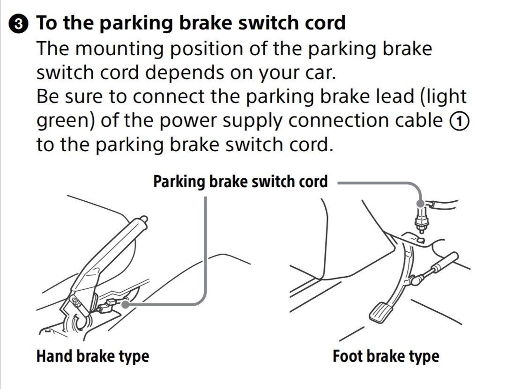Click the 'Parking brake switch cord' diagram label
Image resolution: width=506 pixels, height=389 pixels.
pos(240,181)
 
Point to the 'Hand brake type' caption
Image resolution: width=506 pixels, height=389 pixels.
pos(92,356)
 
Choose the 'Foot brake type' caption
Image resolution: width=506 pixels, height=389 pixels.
pos(386,356)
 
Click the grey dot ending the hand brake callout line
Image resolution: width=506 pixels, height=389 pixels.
pos(126,304)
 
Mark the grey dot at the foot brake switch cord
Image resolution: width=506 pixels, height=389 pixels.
pos(422,203)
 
